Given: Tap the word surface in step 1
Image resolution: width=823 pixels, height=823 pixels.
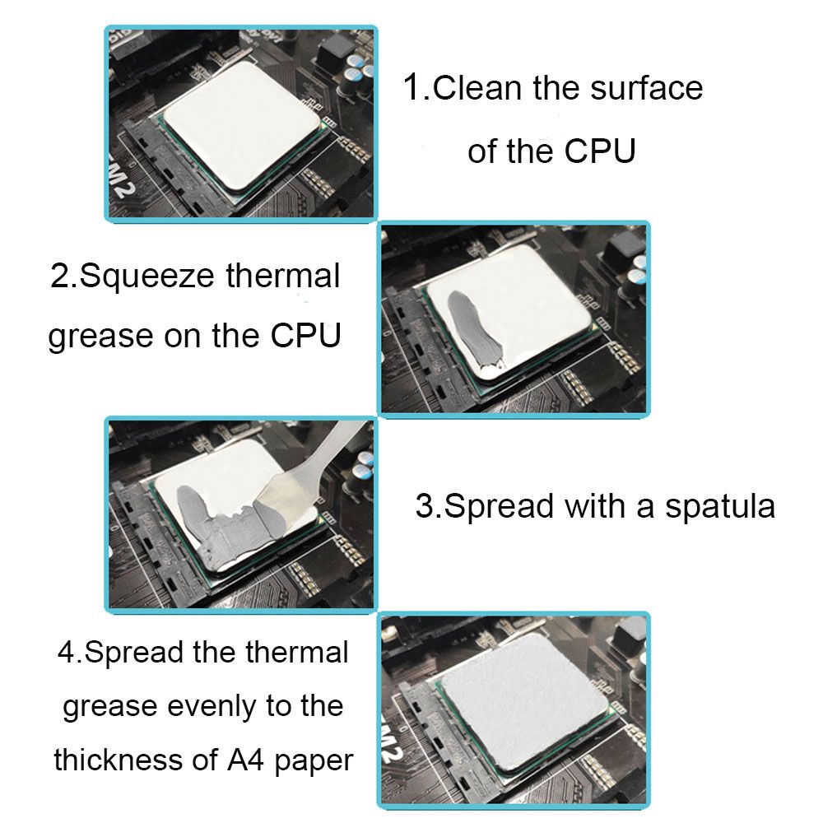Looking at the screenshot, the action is point(647,88).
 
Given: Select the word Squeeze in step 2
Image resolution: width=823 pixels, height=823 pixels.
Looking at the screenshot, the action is point(147,277).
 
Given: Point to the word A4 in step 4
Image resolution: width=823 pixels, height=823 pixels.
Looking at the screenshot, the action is point(245,760).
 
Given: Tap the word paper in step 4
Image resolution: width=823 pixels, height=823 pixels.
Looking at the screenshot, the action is point(314,761).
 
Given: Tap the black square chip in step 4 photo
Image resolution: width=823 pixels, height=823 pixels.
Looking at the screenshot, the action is point(628,635).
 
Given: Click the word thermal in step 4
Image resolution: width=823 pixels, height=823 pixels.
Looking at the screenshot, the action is point(296,653).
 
